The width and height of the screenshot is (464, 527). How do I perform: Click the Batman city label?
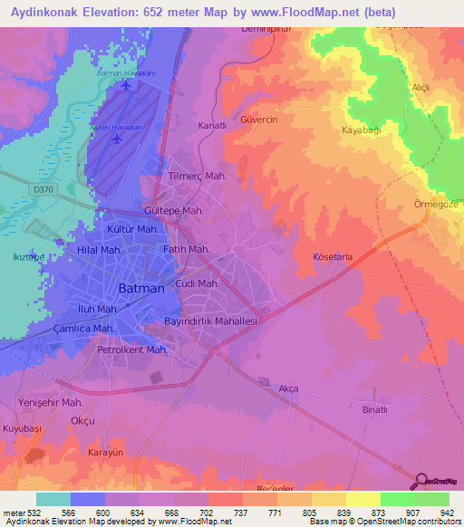(x=142, y=288)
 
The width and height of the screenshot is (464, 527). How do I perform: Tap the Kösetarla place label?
(x=332, y=257)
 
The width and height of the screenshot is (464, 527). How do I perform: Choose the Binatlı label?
(x=374, y=410)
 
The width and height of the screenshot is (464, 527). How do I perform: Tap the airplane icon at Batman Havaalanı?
(x=125, y=87)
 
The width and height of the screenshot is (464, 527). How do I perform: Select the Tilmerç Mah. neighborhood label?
(x=198, y=177)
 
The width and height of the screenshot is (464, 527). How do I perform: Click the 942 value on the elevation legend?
(x=445, y=513)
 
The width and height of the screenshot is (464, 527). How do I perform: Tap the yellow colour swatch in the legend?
(x=362, y=499)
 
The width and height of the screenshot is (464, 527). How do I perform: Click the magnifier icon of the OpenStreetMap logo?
(x=421, y=482)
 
